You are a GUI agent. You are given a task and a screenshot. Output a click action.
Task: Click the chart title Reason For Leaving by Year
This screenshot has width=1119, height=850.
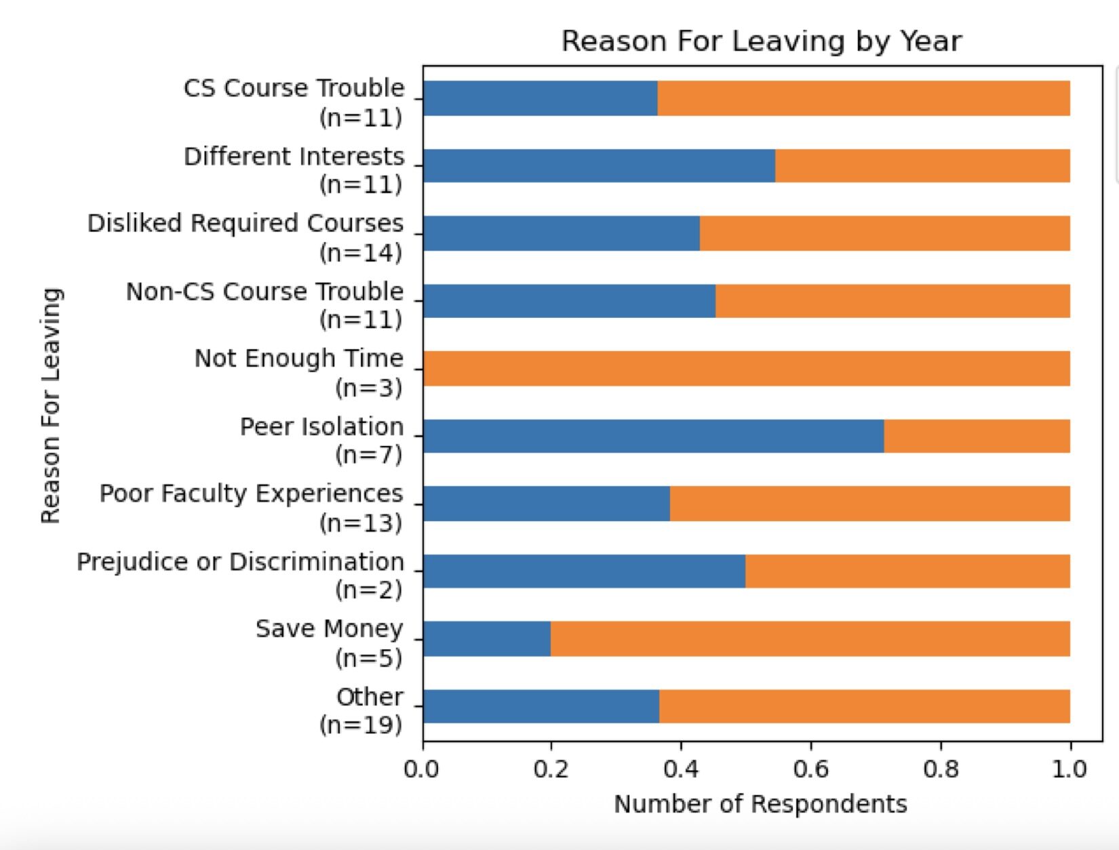[x=761, y=41]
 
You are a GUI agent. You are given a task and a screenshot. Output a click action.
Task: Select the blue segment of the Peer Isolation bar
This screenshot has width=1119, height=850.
[x=653, y=436]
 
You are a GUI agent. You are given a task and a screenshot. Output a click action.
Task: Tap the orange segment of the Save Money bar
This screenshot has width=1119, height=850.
[x=810, y=639]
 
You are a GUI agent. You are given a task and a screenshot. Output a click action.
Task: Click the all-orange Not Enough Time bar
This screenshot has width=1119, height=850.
[x=746, y=369]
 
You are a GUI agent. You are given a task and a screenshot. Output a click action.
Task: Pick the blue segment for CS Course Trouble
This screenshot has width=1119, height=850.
[x=540, y=98]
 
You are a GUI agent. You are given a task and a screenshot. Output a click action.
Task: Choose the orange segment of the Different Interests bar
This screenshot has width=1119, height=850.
[x=922, y=166]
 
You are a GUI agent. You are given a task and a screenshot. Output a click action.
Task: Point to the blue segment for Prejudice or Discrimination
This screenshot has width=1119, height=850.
[x=584, y=571]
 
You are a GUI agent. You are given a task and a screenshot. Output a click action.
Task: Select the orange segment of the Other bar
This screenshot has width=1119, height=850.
[x=865, y=706]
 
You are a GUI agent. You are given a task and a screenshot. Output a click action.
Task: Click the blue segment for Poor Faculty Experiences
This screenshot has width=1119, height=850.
[x=546, y=504]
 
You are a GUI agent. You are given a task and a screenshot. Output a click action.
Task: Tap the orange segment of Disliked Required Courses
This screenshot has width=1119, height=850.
[x=885, y=233]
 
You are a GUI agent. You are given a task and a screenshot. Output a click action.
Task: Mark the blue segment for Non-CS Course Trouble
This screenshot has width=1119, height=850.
[x=569, y=301]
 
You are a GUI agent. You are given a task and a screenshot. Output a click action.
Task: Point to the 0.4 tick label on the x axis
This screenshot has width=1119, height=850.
[x=681, y=770]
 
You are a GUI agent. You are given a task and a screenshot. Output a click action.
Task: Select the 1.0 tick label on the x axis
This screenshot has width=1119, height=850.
[x=1069, y=770]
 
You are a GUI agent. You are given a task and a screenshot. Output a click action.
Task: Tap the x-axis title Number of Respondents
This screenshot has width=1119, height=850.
[x=760, y=805]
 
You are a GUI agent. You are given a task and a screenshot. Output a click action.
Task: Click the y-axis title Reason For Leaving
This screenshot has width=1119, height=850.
[x=51, y=405]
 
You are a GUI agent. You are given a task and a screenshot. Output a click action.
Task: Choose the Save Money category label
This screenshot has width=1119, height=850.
[x=329, y=629]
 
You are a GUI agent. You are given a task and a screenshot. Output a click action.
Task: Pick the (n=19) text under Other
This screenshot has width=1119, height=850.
[x=361, y=725]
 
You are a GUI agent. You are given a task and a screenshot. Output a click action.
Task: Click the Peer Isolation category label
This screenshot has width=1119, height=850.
[x=321, y=427]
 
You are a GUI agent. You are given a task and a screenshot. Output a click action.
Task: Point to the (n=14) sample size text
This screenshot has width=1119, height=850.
[x=361, y=253]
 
